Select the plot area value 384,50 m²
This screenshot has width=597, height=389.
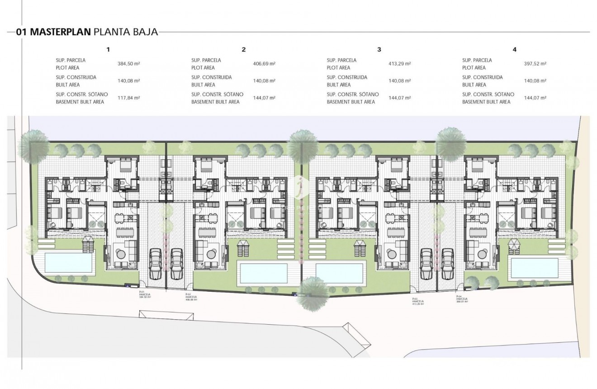pos(128,64)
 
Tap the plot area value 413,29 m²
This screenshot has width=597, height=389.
pos(399,64)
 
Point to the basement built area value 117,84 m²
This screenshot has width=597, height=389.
pos(128,98)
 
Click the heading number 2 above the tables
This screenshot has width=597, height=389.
pos(244,49)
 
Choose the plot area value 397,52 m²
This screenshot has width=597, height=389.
pos(535,64)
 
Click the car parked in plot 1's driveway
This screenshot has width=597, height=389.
pos(155,264)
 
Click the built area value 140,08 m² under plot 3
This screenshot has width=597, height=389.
pos(399,81)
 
